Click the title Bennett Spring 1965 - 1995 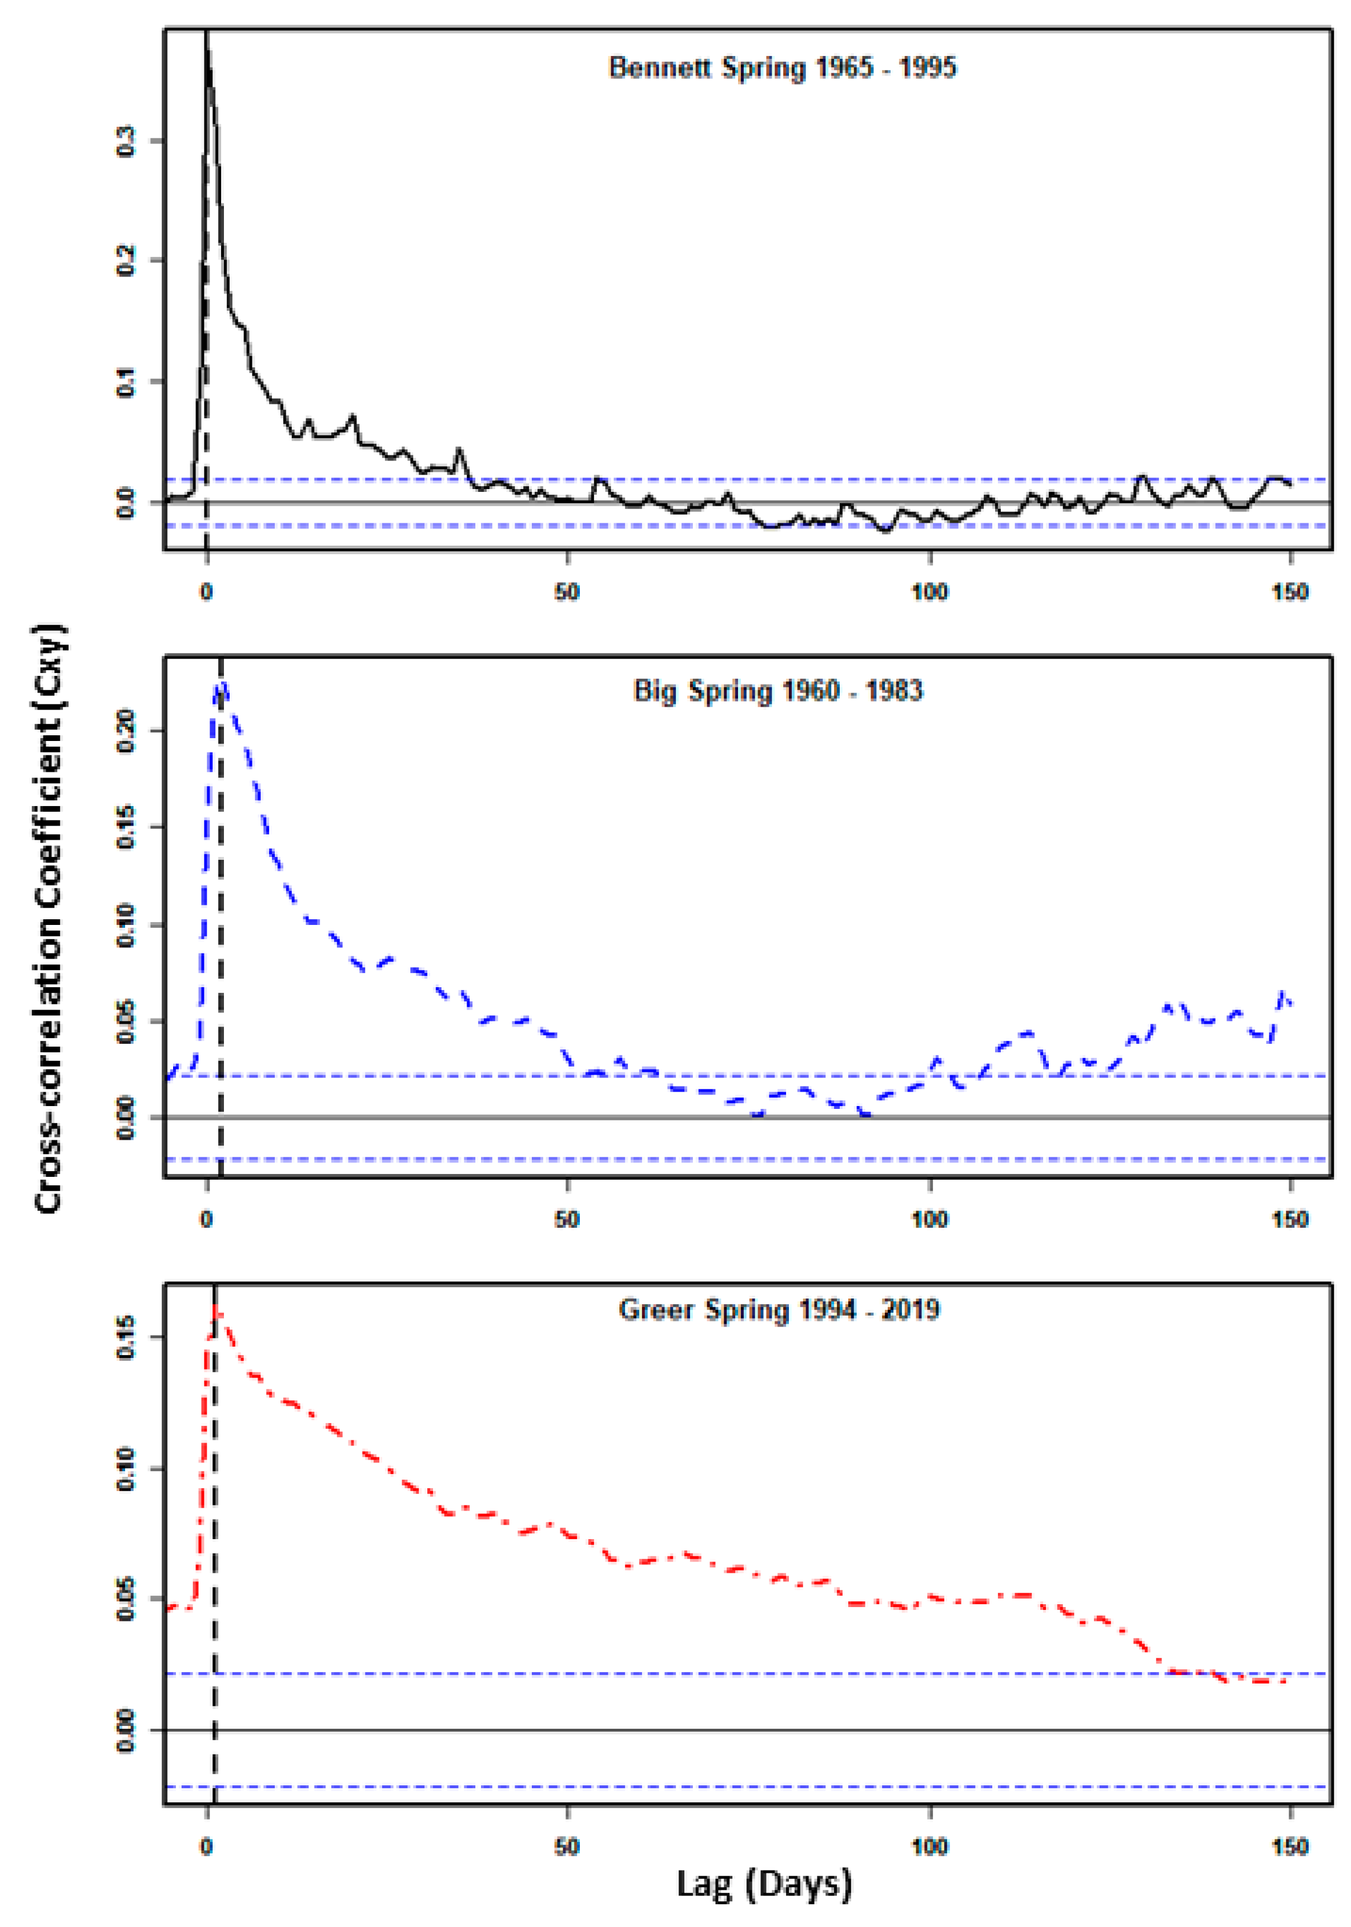(x=782, y=67)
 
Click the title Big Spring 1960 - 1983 (x=778, y=691)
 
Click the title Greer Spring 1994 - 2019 (x=779, y=1309)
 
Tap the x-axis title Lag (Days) (x=764, y=1884)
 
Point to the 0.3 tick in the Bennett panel (x=126, y=140)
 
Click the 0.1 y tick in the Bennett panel (x=126, y=382)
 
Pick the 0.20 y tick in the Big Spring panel (x=126, y=730)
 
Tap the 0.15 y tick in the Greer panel (x=126, y=1336)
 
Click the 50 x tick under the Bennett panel (x=567, y=592)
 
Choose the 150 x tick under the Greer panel (x=1290, y=1846)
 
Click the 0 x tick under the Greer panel (x=206, y=1846)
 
